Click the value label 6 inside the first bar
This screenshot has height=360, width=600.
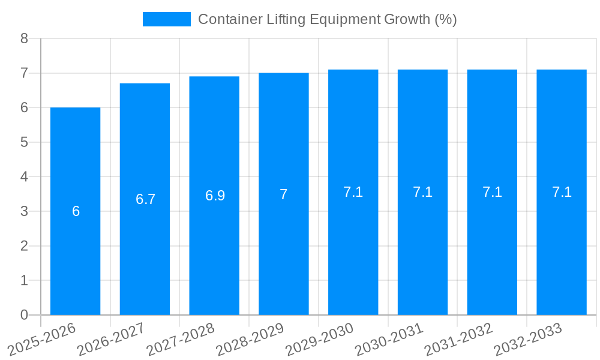click(76, 211)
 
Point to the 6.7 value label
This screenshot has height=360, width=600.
click(145, 199)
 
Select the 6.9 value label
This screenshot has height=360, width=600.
click(215, 196)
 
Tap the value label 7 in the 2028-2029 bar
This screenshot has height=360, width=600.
click(284, 194)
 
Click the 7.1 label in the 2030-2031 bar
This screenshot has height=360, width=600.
click(422, 192)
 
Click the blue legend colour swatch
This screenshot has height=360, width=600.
click(166, 19)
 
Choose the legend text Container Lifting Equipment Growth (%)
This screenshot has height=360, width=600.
click(328, 19)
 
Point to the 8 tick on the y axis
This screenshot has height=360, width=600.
click(24, 38)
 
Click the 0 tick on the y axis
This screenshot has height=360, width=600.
click(24, 315)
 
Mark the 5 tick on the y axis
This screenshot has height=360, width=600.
click(24, 142)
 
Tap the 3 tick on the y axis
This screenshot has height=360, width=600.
click(24, 211)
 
